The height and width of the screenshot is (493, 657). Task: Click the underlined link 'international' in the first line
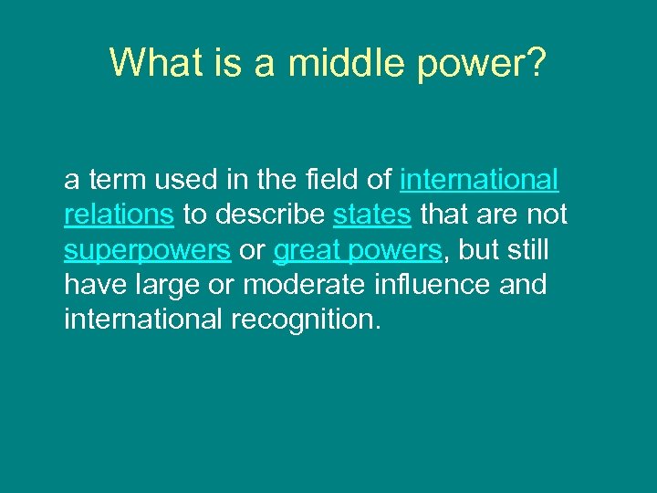[479, 180]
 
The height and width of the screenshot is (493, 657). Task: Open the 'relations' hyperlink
[119, 215]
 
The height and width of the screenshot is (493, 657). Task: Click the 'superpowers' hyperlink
[147, 249]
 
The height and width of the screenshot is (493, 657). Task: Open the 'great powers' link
[357, 249]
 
